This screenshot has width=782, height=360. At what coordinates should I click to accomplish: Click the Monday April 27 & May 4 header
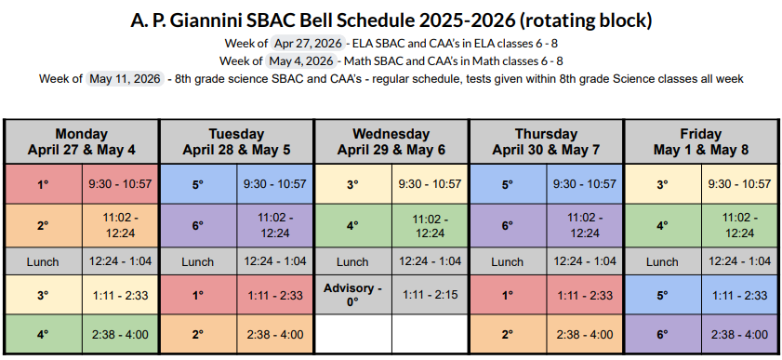(x=82, y=141)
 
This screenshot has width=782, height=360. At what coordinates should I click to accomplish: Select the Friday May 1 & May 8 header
(x=700, y=141)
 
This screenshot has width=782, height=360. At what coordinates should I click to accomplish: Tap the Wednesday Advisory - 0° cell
(x=352, y=295)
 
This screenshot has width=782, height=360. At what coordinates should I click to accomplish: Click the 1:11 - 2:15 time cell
(x=429, y=295)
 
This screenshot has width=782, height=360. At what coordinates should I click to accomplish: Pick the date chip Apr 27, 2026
(x=308, y=44)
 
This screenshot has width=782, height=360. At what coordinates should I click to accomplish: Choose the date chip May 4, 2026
(x=300, y=61)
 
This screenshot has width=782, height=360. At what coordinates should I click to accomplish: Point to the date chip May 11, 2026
(x=125, y=79)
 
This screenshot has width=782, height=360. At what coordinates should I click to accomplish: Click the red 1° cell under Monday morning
(x=43, y=184)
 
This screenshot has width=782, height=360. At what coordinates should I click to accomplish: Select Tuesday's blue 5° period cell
(x=198, y=184)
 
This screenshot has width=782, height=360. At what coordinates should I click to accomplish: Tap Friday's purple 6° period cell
(x=662, y=334)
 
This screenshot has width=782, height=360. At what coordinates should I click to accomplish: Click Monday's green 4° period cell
(x=43, y=334)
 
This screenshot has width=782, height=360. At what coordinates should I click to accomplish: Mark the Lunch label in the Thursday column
(x=507, y=261)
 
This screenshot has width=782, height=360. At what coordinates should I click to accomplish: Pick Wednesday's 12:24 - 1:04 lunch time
(x=429, y=261)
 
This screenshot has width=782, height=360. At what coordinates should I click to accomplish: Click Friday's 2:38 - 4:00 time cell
(x=739, y=334)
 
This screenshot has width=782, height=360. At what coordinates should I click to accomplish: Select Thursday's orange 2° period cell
(x=507, y=334)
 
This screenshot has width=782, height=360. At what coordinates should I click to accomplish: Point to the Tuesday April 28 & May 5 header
(x=236, y=141)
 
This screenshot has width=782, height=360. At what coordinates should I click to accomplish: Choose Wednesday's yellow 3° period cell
(x=352, y=184)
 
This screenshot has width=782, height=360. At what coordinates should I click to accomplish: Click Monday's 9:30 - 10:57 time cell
(x=120, y=184)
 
